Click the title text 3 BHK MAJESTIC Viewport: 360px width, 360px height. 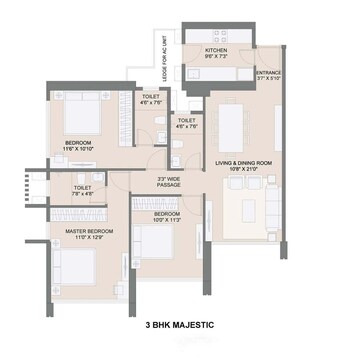pyautogui.click(x=180, y=326)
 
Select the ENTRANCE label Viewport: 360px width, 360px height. pyautogui.click(x=268, y=73)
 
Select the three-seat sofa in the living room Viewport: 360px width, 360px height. pyautogui.click(x=272, y=207)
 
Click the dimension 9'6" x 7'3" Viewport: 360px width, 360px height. pyautogui.click(x=219, y=56)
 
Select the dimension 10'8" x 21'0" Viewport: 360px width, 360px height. pyautogui.click(x=243, y=170)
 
